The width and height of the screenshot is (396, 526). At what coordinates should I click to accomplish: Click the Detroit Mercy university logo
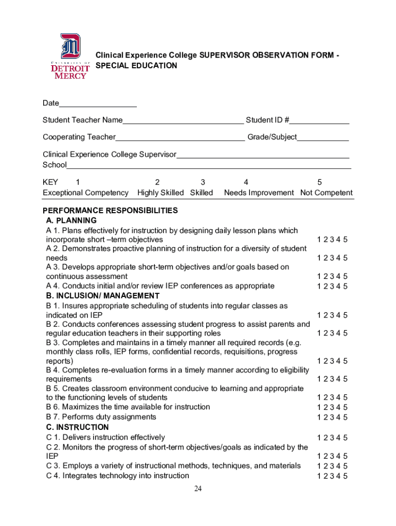[70, 57]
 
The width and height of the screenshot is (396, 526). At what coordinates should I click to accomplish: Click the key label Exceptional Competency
[85, 193]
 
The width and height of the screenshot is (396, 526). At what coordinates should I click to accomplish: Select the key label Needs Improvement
[259, 193]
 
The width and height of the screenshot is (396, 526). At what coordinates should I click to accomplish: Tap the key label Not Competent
[327, 193]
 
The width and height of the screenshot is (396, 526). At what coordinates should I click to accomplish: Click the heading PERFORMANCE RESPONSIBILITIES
[110, 211]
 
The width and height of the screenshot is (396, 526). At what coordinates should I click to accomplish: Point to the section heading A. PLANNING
[71, 220]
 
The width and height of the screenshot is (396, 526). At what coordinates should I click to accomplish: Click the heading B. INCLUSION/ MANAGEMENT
[103, 296]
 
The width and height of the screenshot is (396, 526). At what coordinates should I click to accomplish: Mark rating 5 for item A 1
[346, 239]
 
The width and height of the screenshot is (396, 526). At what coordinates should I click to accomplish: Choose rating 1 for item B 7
[319, 417]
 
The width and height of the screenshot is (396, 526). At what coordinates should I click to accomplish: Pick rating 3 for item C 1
[332, 438]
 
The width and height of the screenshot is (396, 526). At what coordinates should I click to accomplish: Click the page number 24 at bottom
[198, 489]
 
